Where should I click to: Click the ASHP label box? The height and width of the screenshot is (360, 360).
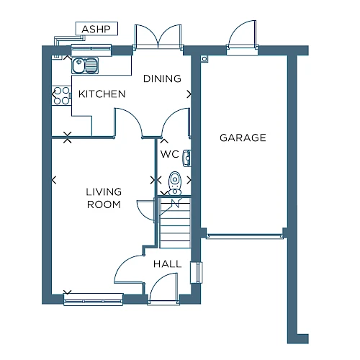[96, 29]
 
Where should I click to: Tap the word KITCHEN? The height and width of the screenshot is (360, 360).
[102, 94]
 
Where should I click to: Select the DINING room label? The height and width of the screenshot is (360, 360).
[162, 78]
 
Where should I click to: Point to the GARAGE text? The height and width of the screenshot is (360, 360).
[243, 138]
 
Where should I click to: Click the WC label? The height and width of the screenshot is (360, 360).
[170, 154]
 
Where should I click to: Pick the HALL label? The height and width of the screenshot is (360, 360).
[168, 264]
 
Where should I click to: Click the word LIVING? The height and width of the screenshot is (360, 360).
[104, 192]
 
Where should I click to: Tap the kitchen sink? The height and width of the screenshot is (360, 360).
[85, 66]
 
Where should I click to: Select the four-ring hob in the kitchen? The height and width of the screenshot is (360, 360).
[61, 96]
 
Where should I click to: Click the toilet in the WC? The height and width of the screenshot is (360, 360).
[175, 183]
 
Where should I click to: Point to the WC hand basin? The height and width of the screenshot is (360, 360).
[187, 158]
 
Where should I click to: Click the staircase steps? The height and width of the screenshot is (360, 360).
[175, 222]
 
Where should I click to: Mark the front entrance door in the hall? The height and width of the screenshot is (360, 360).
[163, 288]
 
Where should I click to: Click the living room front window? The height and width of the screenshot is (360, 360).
[94, 300]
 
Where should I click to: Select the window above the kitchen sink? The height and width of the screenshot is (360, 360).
[91, 50]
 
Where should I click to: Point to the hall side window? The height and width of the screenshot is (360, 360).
[197, 272]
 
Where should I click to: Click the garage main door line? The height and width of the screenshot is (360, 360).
[245, 236]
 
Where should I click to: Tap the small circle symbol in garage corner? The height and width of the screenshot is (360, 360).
[204, 59]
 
